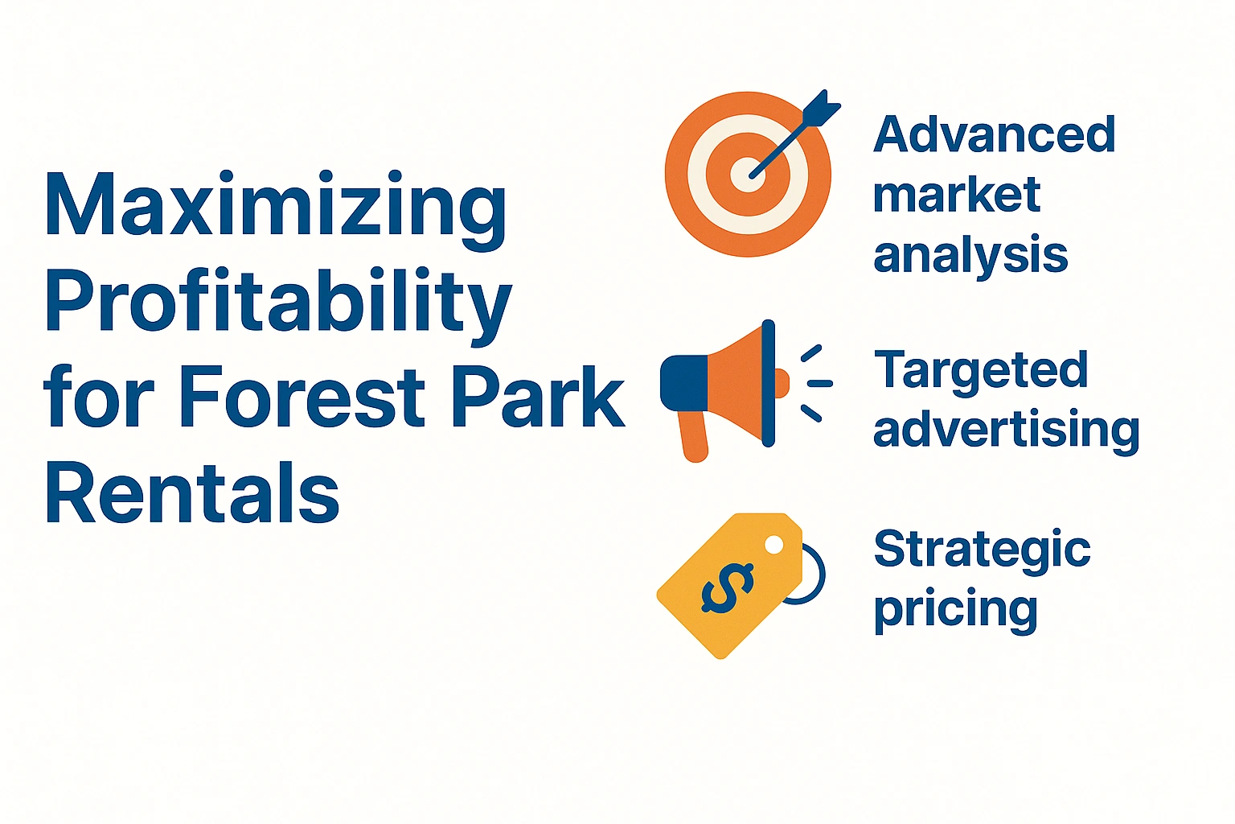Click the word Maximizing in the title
pyautogui.click(x=275, y=206)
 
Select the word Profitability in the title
pyautogui.click(x=277, y=303)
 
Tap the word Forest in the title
pyautogui.click(x=302, y=398)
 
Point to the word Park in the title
pyautogui.click(x=537, y=398)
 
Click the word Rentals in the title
pyautogui.click(x=191, y=492)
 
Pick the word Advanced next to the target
pyautogui.click(x=994, y=134)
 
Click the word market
pyautogui.click(x=956, y=195)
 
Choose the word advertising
pyautogui.click(x=1006, y=431)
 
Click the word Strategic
pyautogui.click(x=982, y=550)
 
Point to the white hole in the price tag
pyautogui.click(x=773, y=545)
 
